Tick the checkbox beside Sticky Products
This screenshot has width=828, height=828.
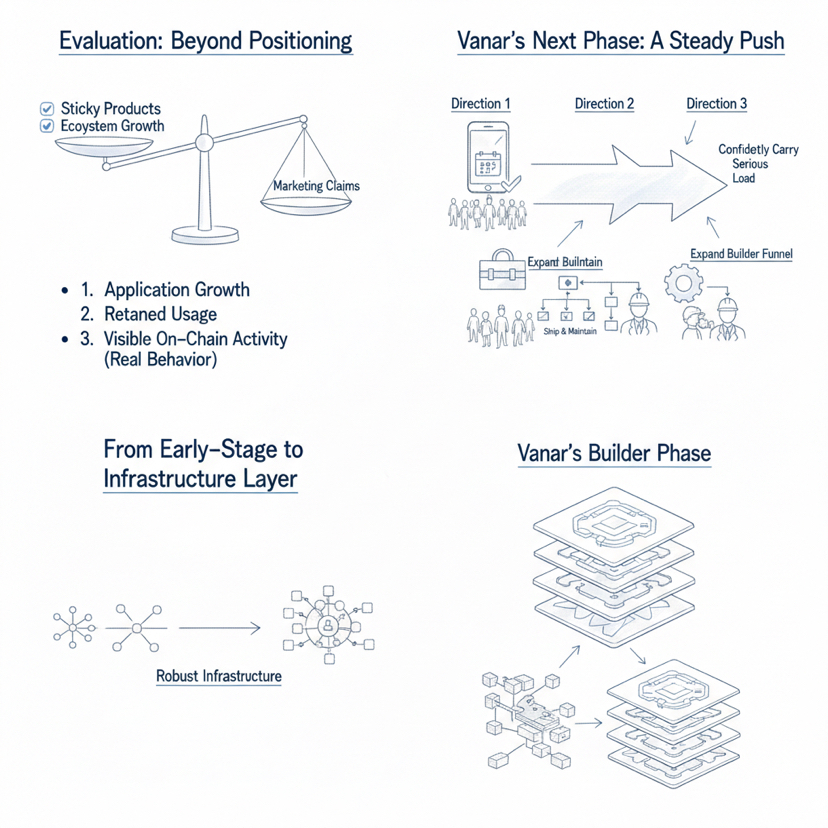tap(44, 108)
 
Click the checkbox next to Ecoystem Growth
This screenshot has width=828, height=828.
tap(44, 126)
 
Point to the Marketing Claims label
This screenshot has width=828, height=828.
tap(316, 185)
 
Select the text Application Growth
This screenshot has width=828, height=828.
tap(176, 290)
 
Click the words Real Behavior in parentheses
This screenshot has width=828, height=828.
tap(160, 361)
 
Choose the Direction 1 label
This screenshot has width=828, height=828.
tap(481, 104)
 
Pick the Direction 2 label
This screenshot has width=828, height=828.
tap(605, 104)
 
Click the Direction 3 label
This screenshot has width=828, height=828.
tap(717, 104)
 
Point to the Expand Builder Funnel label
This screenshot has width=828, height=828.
tap(741, 254)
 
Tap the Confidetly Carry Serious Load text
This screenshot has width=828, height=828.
tap(743, 163)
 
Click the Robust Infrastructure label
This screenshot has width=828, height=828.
tap(219, 676)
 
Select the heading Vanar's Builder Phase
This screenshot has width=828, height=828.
tap(614, 453)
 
